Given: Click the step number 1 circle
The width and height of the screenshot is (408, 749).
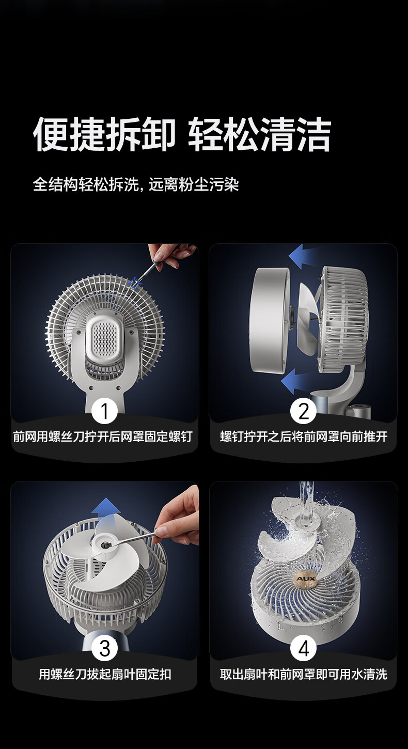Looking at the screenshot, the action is pyautogui.click(x=105, y=411).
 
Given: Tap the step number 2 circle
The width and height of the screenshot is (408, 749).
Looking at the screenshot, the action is pyautogui.click(x=303, y=411).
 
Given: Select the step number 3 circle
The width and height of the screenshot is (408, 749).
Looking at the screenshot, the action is pyautogui.click(x=105, y=649).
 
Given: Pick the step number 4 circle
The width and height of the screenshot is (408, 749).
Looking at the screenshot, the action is pyautogui.click(x=303, y=649).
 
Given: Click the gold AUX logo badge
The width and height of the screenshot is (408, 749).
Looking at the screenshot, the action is pyautogui.click(x=306, y=579).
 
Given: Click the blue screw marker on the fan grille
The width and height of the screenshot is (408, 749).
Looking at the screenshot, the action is pyautogui.click(x=135, y=283).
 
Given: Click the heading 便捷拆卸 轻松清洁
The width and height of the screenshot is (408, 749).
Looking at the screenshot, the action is pyautogui.click(x=182, y=134).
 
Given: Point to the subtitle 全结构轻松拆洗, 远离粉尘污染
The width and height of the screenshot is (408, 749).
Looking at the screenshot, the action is pyautogui.click(x=136, y=184).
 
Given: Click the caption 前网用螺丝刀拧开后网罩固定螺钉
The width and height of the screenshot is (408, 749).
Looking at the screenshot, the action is pyautogui.click(x=103, y=436).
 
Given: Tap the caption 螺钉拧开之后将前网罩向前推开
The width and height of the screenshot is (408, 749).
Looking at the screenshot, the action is pyautogui.click(x=304, y=436).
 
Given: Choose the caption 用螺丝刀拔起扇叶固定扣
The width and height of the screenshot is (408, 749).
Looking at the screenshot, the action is pyautogui.click(x=105, y=674).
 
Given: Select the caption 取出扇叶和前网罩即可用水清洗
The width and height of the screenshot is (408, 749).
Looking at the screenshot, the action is pyautogui.click(x=304, y=674).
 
